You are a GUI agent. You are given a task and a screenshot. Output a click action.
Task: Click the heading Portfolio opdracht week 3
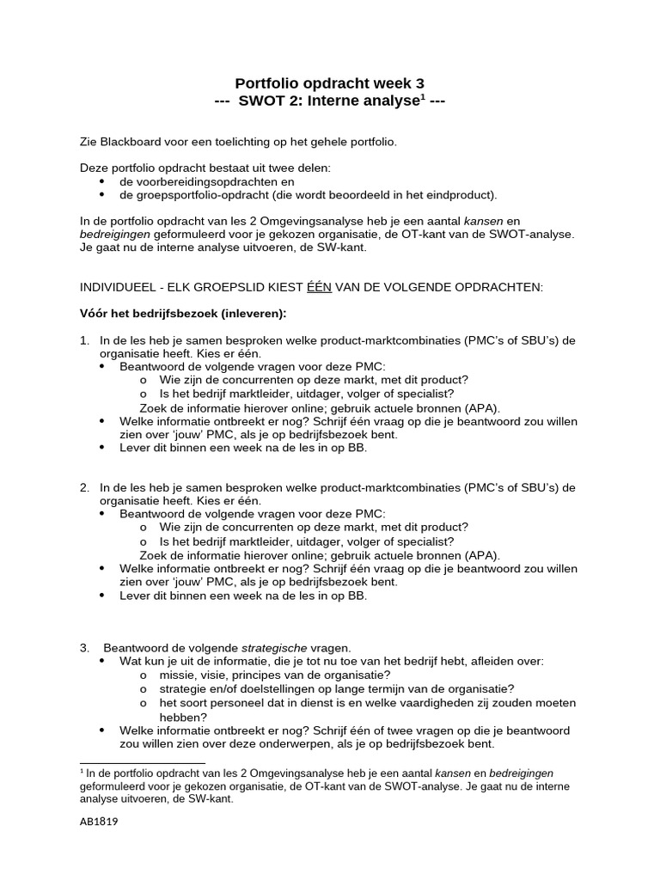coord(329,83)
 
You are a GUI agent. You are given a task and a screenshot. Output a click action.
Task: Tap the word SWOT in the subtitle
coord(261,101)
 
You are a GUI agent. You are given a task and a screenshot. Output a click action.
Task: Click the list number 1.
coord(84,340)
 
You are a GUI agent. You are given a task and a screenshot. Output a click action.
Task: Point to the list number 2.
coord(84,487)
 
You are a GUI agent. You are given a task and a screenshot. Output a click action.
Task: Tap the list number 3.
coord(84,647)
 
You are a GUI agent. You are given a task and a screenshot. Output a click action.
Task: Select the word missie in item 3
coord(177,675)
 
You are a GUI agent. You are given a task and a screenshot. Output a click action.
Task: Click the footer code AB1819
coord(99,822)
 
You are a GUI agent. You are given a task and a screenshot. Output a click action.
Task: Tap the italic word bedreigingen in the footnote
coord(518,773)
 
